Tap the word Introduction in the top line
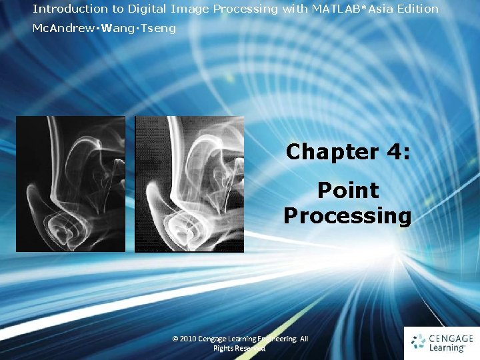coord(61,9)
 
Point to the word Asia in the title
coord(381,9)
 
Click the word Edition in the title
coord(418,9)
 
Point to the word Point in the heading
coord(348,191)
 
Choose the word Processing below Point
coord(348,216)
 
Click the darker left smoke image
coord(70,184)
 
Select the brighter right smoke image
coord(189,184)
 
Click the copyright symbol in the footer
coord(175,339)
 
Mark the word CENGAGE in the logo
coord(451,339)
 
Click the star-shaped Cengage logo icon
coord(418,343)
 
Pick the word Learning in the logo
coord(447,348)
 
